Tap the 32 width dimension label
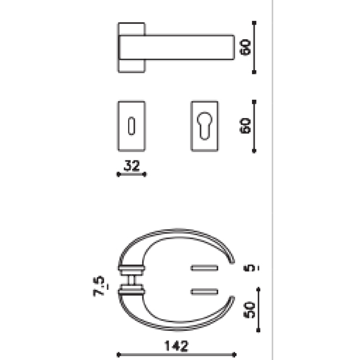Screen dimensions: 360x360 (x=131, y=166)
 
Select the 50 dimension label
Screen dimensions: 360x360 (x=250, y=309)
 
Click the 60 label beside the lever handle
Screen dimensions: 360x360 (x=246, y=47)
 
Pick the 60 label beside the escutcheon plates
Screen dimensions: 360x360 (x=246, y=126)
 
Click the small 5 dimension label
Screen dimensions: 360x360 (x=251, y=268)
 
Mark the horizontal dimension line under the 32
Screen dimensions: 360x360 (x=131, y=174)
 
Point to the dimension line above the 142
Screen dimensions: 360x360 (x=177, y=354)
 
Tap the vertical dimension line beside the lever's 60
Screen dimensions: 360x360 (x=254, y=47)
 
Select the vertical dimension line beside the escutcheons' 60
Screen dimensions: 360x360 (x=254, y=126)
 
